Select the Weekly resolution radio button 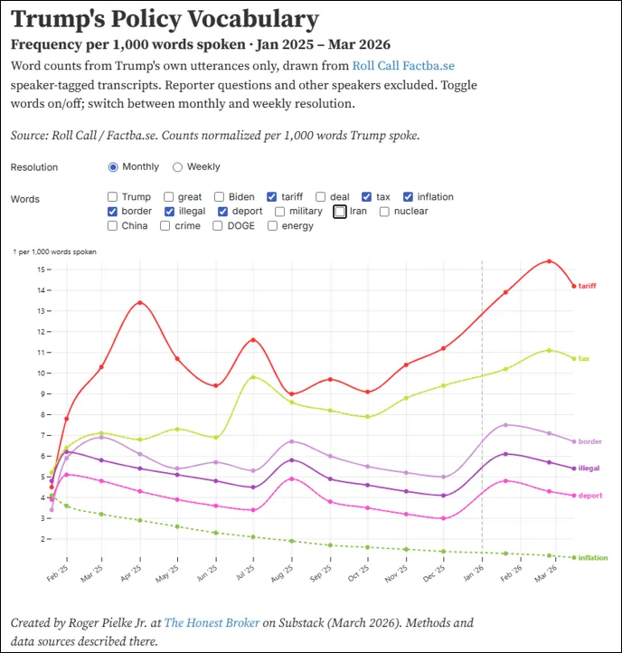[x=178, y=167]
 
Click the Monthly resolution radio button [x=113, y=167]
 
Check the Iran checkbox [x=340, y=212]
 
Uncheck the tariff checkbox [x=272, y=197]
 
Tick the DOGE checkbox [x=220, y=226]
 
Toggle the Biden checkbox [x=220, y=197]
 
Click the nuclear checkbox [x=385, y=212]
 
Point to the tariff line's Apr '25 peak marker [x=139, y=302]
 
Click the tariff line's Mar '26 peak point [x=549, y=261]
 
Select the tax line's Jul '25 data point [x=254, y=377]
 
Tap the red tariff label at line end [x=587, y=286]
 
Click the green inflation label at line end [x=592, y=558]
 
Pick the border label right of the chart [x=589, y=441]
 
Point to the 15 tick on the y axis [x=42, y=270]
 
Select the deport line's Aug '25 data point [x=291, y=478]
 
